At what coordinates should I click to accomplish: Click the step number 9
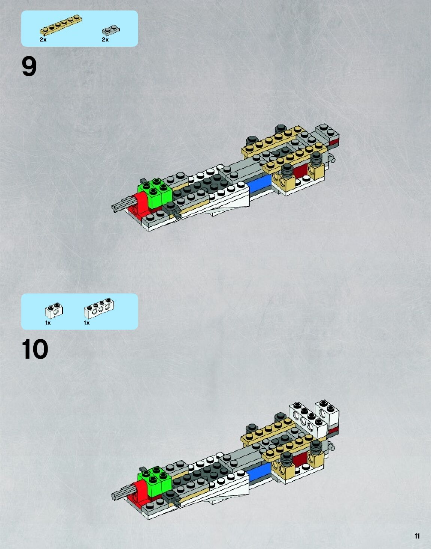point(29,67)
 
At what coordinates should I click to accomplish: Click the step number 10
point(35,349)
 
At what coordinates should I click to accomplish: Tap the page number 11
point(417,536)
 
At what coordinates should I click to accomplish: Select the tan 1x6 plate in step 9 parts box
point(61,25)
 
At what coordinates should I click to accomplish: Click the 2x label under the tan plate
point(43,40)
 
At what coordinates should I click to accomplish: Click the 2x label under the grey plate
point(105,40)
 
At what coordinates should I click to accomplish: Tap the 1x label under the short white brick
point(48,323)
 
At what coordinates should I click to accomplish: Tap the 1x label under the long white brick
point(87,323)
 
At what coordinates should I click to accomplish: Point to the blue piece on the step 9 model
point(259,184)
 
